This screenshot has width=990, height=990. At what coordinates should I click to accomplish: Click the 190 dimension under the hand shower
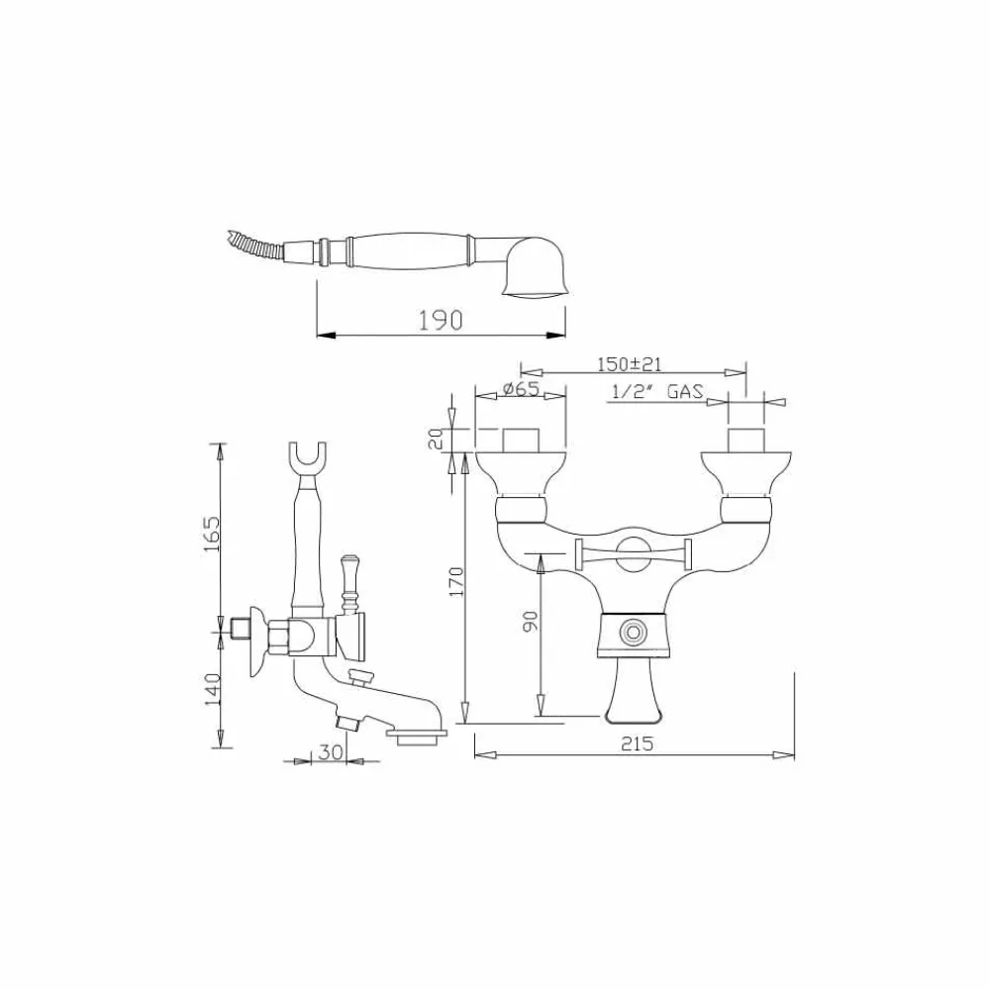pos(441,320)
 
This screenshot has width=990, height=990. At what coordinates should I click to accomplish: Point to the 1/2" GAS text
pos(657,391)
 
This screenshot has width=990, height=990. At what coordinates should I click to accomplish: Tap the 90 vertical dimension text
pos(531,620)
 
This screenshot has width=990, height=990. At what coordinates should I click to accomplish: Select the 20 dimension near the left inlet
pos(436,439)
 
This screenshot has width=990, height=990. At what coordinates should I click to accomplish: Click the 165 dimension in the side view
pos(212,535)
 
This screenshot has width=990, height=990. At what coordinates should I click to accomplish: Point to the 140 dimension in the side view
pos(212,689)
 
